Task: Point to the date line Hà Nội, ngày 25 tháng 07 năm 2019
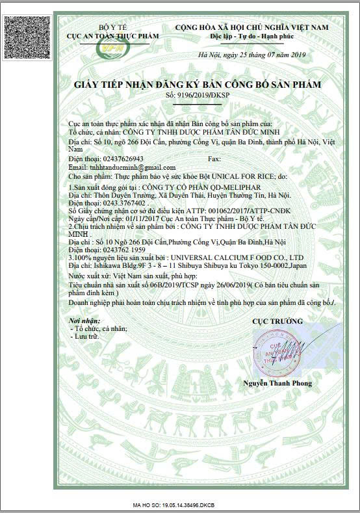coord(250,56)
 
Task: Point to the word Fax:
coord(213,159)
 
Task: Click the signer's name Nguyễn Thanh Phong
coord(277,383)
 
